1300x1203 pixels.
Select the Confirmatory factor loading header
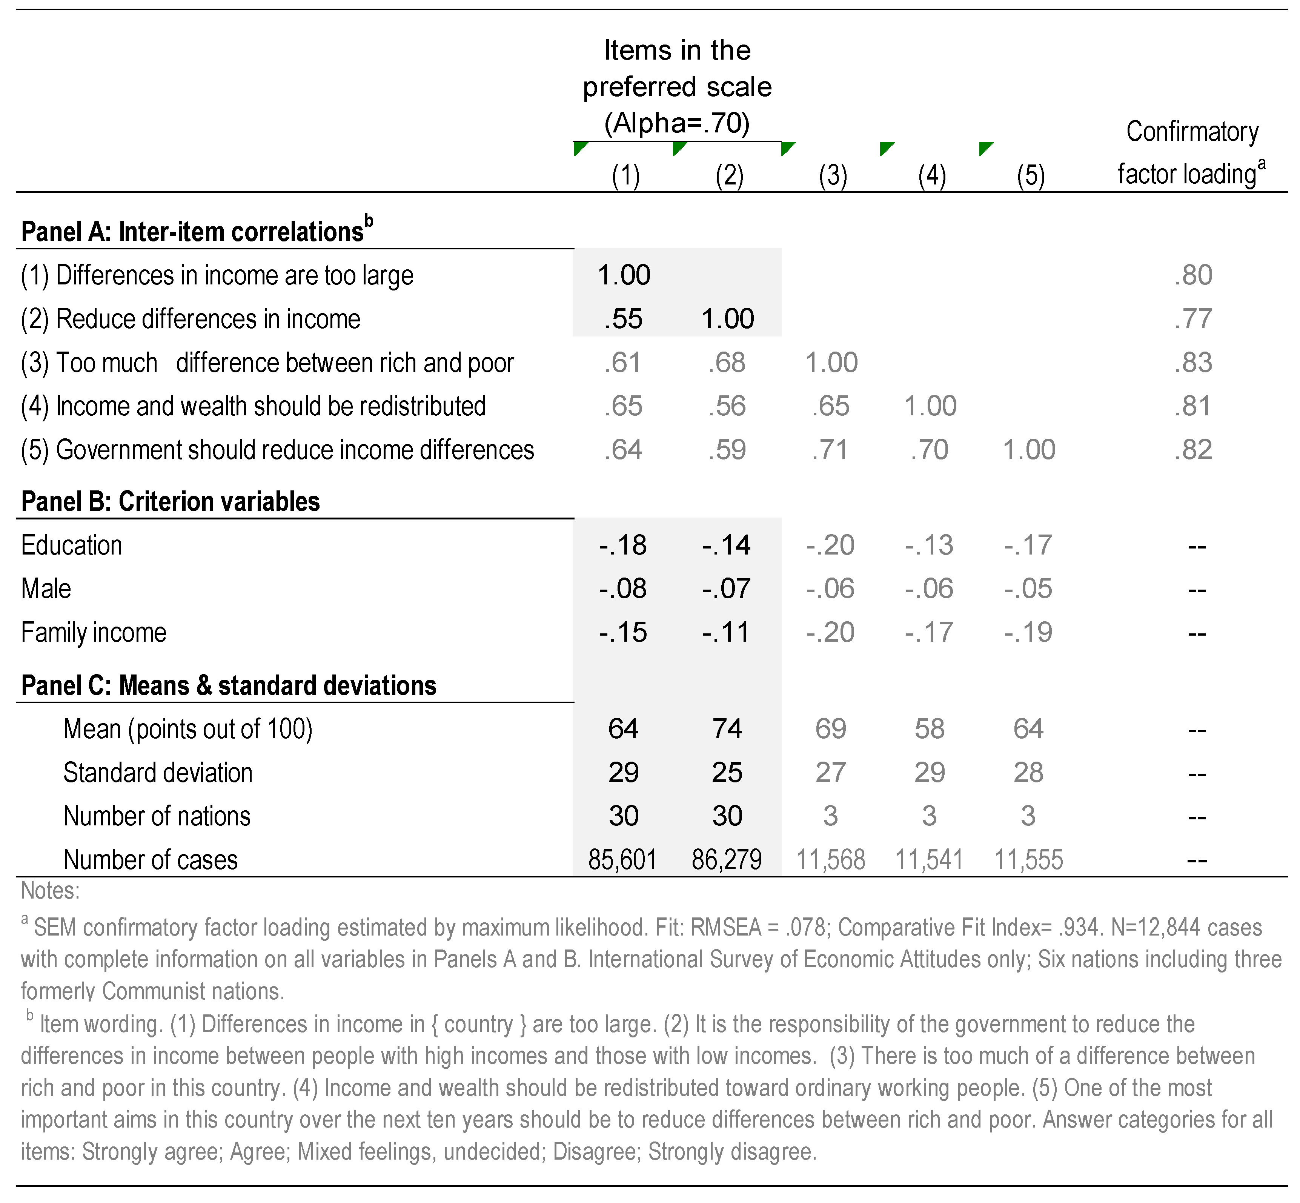[x=1191, y=153]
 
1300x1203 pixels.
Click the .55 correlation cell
[x=623, y=319]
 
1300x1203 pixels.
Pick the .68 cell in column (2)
[x=727, y=363]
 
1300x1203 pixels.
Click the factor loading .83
[x=1193, y=363]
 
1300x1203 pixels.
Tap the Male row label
[x=46, y=588]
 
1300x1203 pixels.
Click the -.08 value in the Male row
[x=623, y=588]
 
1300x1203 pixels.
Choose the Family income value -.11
[x=727, y=632]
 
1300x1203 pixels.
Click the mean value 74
[x=727, y=728]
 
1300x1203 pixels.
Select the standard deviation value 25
[x=727, y=773]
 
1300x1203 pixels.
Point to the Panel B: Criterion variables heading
[x=171, y=501]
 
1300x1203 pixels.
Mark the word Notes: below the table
[x=50, y=891]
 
